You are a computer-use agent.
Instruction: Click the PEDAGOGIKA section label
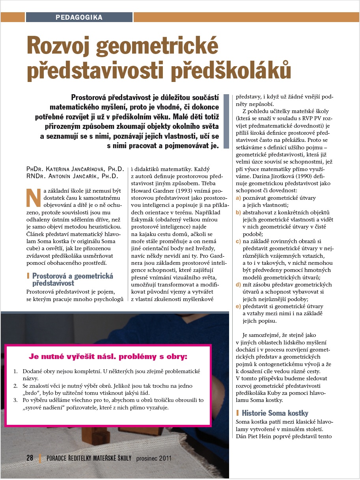pyautogui.click(x=79, y=17)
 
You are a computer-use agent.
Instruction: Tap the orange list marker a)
pyautogui.click(x=238, y=198)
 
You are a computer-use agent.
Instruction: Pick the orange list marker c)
pyautogui.click(x=238, y=241)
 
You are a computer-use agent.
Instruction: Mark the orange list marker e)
pyautogui.click(x=238, y=306)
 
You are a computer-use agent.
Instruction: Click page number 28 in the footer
pyautogui.click(x=30, y=458)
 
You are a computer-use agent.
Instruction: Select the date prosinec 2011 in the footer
pyautogui.click(x=154, y=458)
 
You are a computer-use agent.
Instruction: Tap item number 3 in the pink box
pyautogui.click(x=15, y=400)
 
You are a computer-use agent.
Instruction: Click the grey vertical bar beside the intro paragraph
pyautogui.click(x=226, y=121)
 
